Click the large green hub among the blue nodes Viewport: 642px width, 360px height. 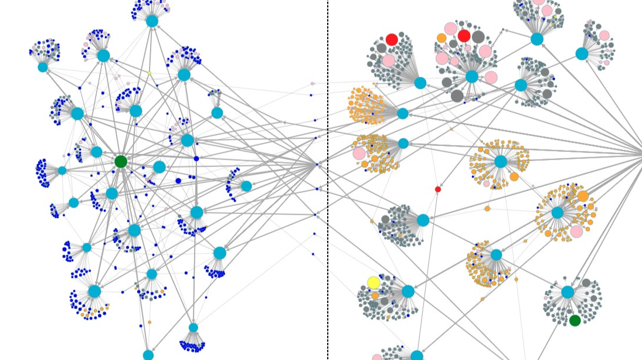tap(121, 161)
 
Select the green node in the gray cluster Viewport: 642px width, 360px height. tap(575, 320)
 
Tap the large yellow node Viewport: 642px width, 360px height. tap(373, 283)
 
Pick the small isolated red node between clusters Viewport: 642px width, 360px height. tap(437, 189)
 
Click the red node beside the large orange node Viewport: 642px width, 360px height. tap(464, 36)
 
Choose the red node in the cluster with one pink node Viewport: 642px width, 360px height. tap(392, 39)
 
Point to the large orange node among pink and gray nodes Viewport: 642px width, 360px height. tap(441, 38)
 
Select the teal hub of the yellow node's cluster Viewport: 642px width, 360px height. tap(408, 291)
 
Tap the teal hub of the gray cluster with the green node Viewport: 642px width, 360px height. tap(568, 292)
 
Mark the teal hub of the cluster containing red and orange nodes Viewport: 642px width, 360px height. tap(472, 76)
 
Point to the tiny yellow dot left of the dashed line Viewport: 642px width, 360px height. tap(150, 73)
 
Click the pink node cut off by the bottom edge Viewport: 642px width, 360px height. tap(377, 358)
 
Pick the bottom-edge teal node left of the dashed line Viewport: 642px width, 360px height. tap(148, 355)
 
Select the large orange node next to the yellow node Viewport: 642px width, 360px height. tap(375, 296)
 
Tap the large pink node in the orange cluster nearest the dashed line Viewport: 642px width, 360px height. tap(359, 154)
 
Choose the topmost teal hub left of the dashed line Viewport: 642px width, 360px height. tap(152, 21)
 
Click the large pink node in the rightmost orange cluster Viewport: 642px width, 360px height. tap(576, 231)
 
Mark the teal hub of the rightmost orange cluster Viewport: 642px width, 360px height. tap(557, 212)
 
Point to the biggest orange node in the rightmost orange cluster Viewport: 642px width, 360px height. tap(582, 196)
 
